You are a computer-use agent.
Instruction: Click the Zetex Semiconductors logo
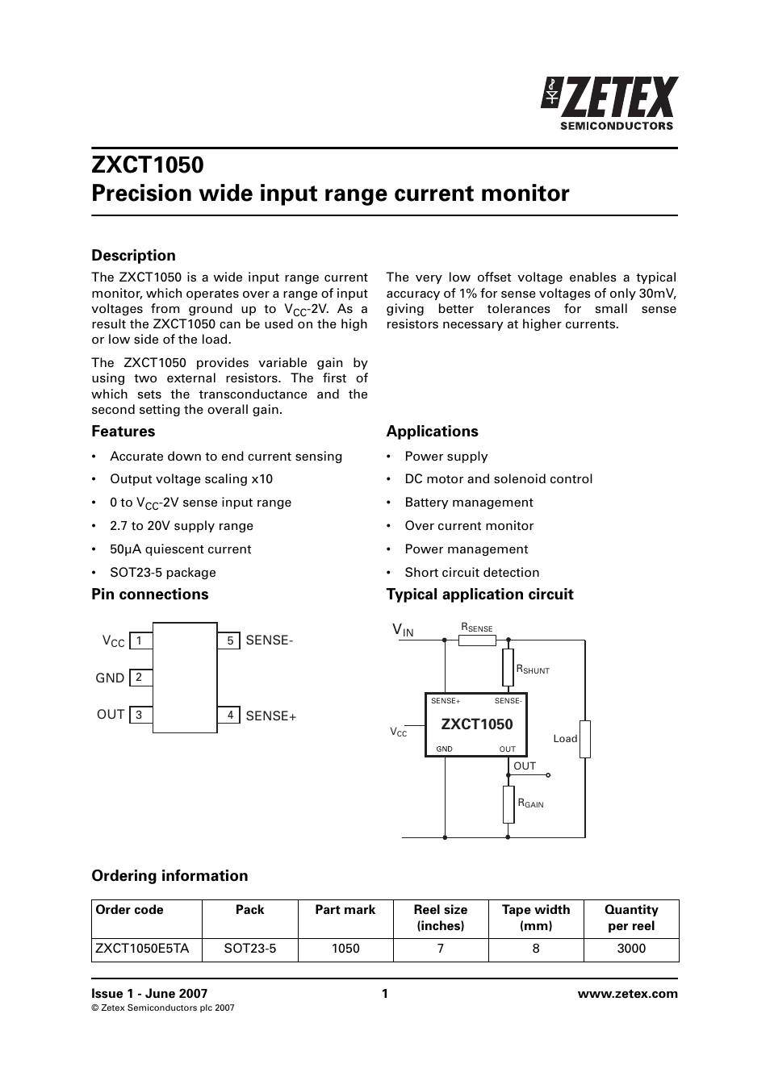pyautogui.click(x=609, y=102)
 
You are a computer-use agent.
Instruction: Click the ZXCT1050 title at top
pyautogui.click(x=148, y=165)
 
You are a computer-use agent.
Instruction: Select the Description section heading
pyautogui.click(x=133, y=256)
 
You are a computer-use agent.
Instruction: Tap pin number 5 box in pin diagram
pyautogui.click(x=229, y=640)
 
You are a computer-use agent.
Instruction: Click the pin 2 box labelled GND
pyautogui.click(x=140, y=678)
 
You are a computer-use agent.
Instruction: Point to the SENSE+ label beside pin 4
pyautogui.click(x=270, y=716)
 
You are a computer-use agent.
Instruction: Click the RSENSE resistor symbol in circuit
pyautogui.click(x=477, y=640)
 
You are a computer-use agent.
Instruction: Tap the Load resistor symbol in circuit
pyautogui.click(x=585, y=739)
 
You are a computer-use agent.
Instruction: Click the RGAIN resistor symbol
pyautogui.click(x=508, y=804)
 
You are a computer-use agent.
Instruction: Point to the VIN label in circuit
pyautogui.click(x=403, y=630)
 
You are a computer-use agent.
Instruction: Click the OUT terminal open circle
pyautogui.click(x=548, y=775)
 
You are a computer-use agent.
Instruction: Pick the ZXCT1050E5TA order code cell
pyautogui.click(x=142, y=949)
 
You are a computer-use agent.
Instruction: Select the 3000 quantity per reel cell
pyautogui.click(x=631, y=949)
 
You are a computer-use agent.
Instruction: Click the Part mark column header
pyautogui.click(x=345, y=910)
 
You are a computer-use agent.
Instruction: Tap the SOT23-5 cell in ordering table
pyautogui.click(x=250, y=949)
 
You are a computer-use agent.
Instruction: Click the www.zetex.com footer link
pyautogui.click(x=627, y=994)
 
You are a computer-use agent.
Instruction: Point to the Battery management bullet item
pyautogui.click(x=468, y=503)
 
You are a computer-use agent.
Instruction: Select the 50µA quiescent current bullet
pyautogui.click(x=180, y=549)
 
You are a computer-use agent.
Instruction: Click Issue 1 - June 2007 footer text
pyautogui.click(x=149, y=994)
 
